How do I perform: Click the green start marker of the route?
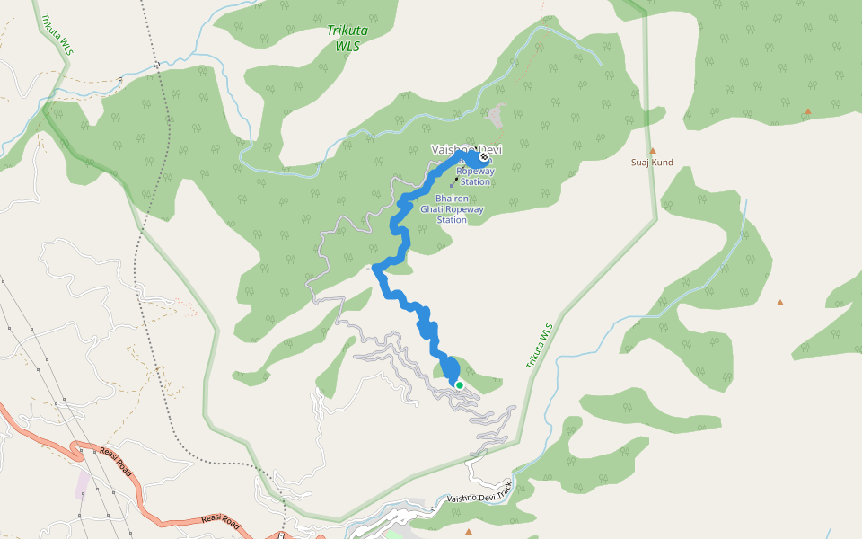click(460, 385)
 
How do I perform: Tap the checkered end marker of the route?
click(485, 157)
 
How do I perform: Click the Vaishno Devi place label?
click(464, 149)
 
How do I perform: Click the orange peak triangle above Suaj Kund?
click(653, 150)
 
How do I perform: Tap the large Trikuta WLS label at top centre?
click(347, 37)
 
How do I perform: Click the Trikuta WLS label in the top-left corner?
click(55, 35)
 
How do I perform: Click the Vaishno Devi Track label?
click(479, 491)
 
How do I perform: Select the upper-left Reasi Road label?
click(116, 461)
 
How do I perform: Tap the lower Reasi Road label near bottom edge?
click(221, 520)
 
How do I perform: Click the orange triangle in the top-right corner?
click(807, 111)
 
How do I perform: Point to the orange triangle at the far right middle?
click(779, 303)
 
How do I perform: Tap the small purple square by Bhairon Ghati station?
click(453, 186)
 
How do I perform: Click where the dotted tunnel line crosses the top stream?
click(156, 65)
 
